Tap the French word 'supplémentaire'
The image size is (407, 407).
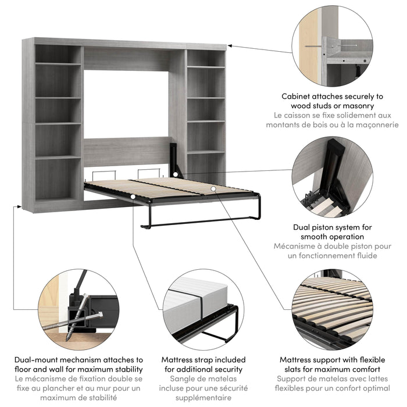click(x=203, y=398)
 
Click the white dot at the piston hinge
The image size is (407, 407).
click(x=176, y=174)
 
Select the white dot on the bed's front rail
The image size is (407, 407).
click(x=133, y=197)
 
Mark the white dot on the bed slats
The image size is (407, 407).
click(x=213, y=189)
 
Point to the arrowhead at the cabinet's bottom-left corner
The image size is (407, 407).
click(x=19, y=206)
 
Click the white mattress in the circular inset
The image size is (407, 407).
click(x=195, y=303)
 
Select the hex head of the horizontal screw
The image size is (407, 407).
click(x=101, y=315)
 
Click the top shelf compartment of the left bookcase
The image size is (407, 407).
click(x=58, y=53)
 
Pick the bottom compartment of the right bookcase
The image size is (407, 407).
click(x=206, y=169)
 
